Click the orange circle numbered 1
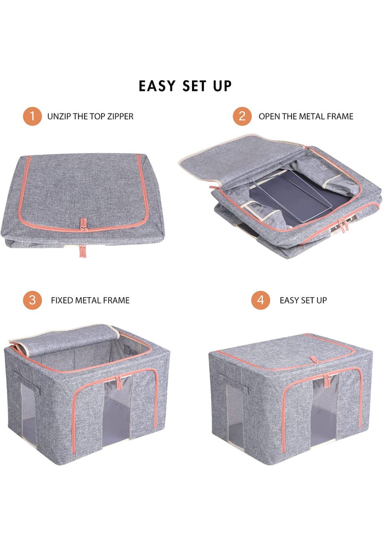coord(32,116)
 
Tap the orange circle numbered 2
coord(242,116)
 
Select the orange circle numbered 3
coord(32,300)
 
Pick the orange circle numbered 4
coord(260,300)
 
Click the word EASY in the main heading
coord(157,86)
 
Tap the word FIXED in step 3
coord(62,300)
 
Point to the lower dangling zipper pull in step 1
coord(83,251)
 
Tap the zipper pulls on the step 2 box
coord(343,225)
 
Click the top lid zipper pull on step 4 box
coord(314,359)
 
